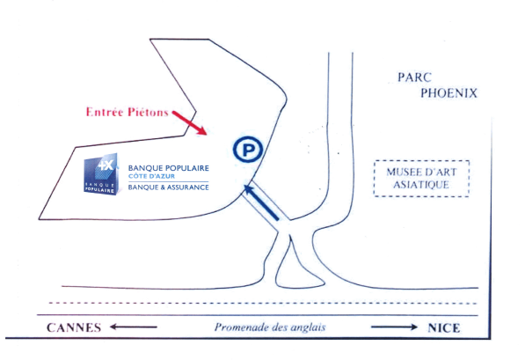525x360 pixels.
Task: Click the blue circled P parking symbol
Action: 248,150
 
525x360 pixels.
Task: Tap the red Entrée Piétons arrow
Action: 189,122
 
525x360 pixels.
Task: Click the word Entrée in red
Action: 105,112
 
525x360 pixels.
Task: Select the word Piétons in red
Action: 148,112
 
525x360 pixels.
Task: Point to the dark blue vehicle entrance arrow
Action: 261,202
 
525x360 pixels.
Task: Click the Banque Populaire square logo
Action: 100,174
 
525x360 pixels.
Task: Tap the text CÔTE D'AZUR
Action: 151,176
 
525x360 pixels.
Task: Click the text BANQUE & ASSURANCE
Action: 169,187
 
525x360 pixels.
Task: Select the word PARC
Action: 414,77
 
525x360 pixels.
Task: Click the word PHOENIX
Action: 448,93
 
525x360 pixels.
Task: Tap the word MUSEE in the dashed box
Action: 403,173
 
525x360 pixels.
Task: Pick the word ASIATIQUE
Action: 421,185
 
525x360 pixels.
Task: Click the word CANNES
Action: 74,327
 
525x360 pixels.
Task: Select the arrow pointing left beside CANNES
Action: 134,327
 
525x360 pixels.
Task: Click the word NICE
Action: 443,327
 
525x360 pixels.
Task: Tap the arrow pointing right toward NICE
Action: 395,327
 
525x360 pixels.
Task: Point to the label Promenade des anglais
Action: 270,327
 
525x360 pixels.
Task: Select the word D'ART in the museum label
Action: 440,173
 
